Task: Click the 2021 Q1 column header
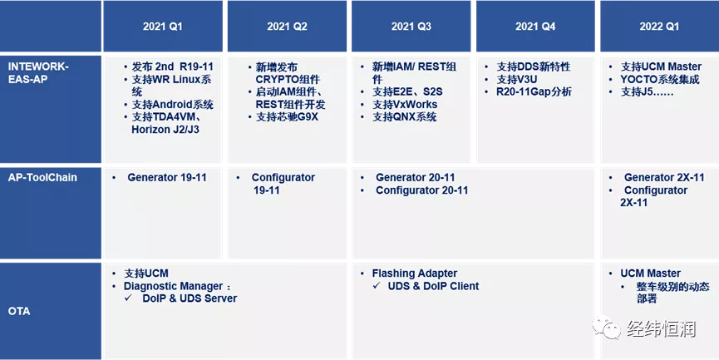coord(162,27)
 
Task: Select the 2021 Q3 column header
coord(411,27)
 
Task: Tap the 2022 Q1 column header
coord(659,27)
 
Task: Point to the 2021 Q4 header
coord(535,27)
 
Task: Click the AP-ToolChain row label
coord(42,177)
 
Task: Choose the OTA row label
coord(19,311)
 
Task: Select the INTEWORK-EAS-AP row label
coord(38,72)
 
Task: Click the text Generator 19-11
coord(167,177)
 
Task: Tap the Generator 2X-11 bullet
coord(664,177)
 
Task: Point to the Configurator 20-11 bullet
coord(422,190)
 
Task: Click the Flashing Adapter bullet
coord(415,274)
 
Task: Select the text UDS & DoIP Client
coord(433,286)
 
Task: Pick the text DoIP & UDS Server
coord(190,298)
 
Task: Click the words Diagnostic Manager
coord(174,286)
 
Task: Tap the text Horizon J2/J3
coord(165,130)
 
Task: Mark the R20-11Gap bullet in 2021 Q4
coord(534,92)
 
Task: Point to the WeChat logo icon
coord(606,327)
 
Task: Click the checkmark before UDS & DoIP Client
coord(377,286)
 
